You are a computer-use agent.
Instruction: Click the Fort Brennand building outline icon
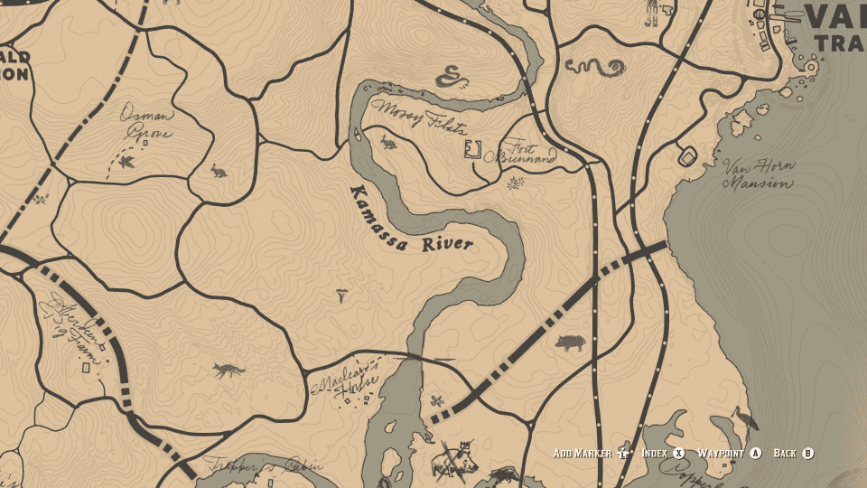(x=471, y=149)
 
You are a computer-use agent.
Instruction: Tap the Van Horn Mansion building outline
(x=685, y=155)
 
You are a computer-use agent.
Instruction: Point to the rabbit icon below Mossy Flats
(x=388, y=141)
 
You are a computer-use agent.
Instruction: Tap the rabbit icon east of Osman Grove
(x=218, y=169)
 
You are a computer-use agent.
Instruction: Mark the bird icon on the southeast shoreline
(x=746, y=418)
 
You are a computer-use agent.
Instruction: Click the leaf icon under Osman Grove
(x=126, y=162)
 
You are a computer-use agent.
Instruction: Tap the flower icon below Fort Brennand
(x=516, y=183)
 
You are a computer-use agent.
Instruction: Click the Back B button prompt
(x=794, y=453)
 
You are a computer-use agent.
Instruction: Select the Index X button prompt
(x=663, y=453)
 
